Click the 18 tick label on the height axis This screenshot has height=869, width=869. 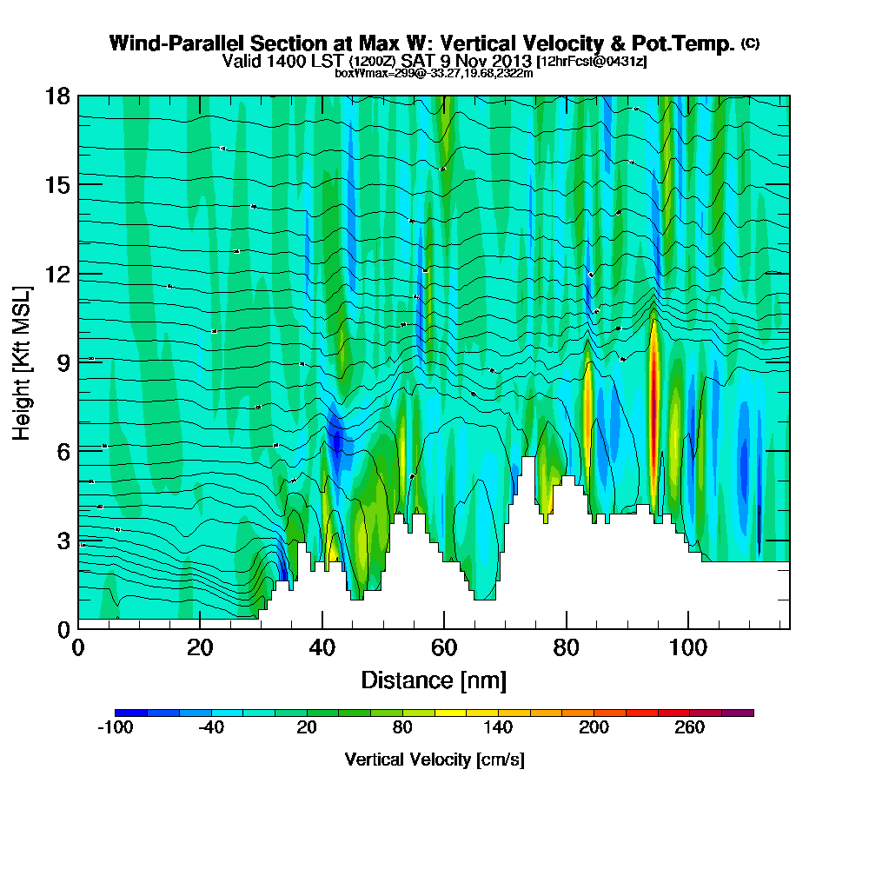pyautogui.click(x=57, y=96)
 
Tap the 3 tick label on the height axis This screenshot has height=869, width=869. pyautogui.click(x=63, y=540)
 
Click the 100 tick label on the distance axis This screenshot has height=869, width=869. pyautogui.click(x=687, y=648)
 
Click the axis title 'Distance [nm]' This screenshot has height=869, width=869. pyautogui.click(x=434, y=680)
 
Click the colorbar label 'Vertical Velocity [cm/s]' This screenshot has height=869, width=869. pyautogui.click(x=434, y=760)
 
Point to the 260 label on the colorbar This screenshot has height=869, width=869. pyautogui.click(x=689, y=728)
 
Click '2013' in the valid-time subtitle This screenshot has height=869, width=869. pyautogui.click(x=511, y=61)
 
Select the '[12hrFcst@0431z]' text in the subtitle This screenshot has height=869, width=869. pyautogui.click(x=591, y=62)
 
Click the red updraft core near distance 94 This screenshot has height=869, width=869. pyautogui.click(x=653, y=374)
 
